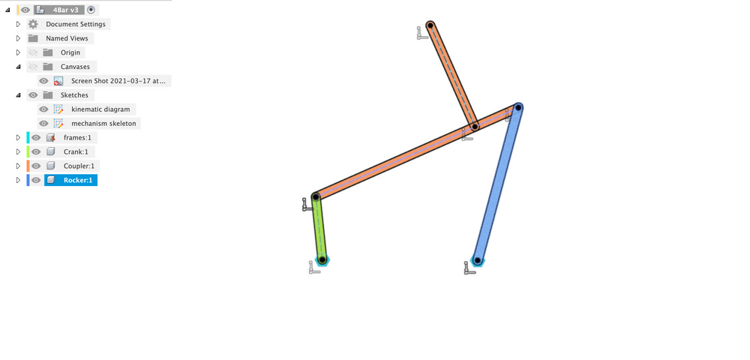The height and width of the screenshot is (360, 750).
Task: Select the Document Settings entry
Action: tap(75, 24)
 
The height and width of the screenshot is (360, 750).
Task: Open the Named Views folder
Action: tap(67, 38)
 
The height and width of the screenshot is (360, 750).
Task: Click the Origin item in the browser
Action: tap(70, 52)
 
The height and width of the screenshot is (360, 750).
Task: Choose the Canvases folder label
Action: tap(75, 67)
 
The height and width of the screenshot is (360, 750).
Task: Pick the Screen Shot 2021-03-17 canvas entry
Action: tap(120, 81)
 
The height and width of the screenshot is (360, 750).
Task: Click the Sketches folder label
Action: tap(74, 95)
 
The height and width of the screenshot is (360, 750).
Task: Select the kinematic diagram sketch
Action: tap(100, 109)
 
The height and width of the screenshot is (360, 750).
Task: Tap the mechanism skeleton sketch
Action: tap(103, 123)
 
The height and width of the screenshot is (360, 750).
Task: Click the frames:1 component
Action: tap(79, 138)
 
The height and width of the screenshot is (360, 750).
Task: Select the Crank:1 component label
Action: tap(76, 151)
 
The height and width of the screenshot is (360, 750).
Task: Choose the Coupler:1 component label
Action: tap(79, 166)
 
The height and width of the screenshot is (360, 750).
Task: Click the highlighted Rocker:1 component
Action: tap(78, 180)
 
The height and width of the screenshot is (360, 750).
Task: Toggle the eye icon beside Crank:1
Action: tap(36, 151)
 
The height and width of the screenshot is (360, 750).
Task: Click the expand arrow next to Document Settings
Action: tap(18, 24)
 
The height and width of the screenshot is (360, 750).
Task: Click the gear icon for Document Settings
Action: tap(33, 24)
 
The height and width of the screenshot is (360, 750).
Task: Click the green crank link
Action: tap(319, 229)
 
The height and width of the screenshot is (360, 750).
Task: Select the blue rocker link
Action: tap(497, 184)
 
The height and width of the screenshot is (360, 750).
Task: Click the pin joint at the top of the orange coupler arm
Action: tap(430, 26)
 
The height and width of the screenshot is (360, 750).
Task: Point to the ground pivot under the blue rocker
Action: tap(477, 260)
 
